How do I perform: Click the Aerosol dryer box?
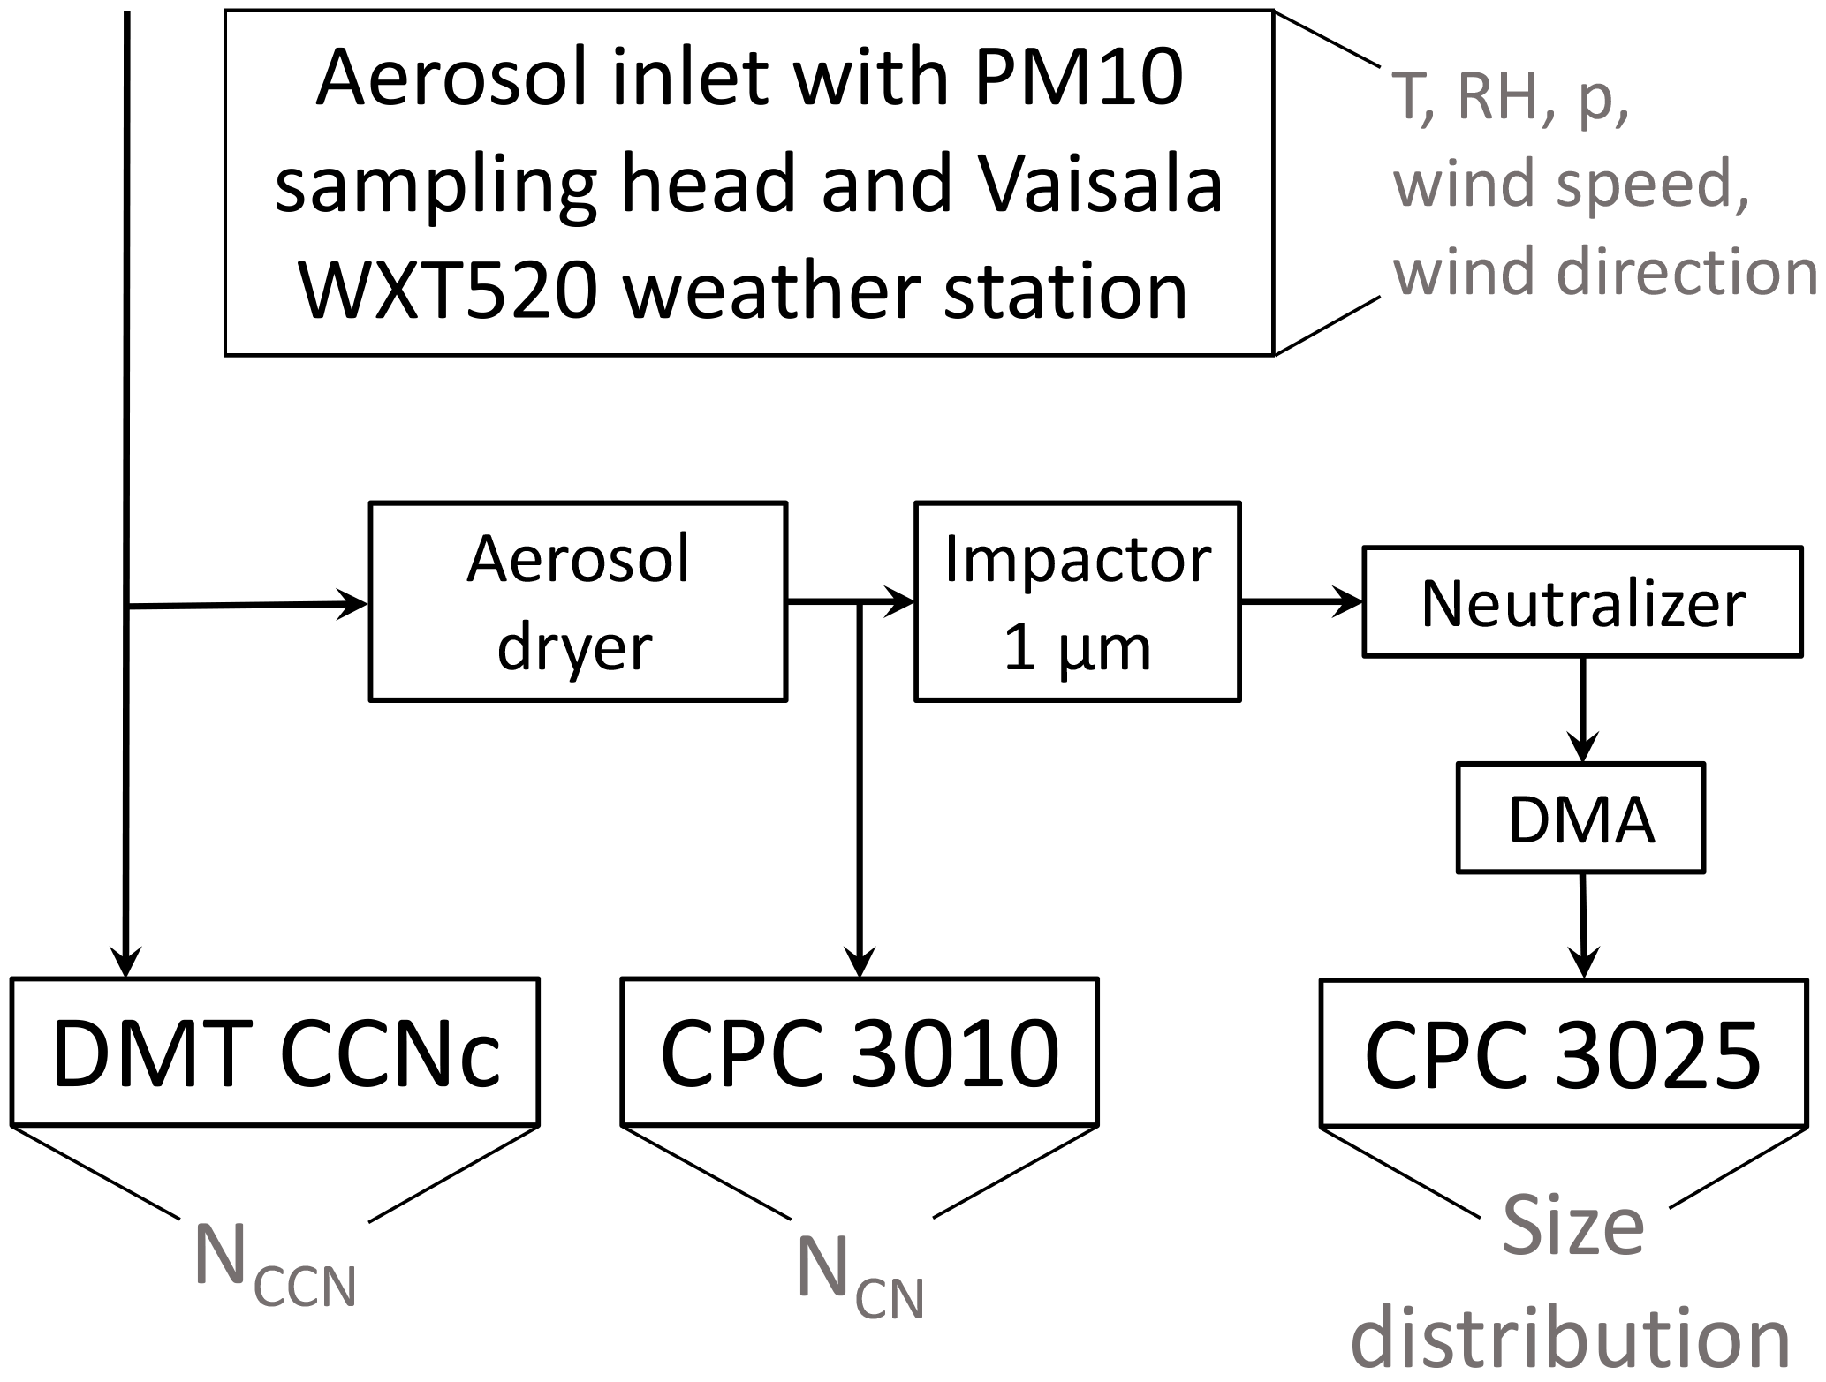coord(578,601)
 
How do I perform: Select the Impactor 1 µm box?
coord(1077,601)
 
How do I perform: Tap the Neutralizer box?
coord(1582,603)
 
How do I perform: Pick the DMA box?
coord(1580,819)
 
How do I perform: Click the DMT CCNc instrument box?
coord(275,1052)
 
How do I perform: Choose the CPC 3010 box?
coord(860,1052)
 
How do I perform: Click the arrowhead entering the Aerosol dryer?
coord(353,605)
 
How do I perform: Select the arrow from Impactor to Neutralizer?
coord(1302,602)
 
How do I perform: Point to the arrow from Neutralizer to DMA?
coord(1581,710)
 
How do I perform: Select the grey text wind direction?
coord(1604,271)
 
